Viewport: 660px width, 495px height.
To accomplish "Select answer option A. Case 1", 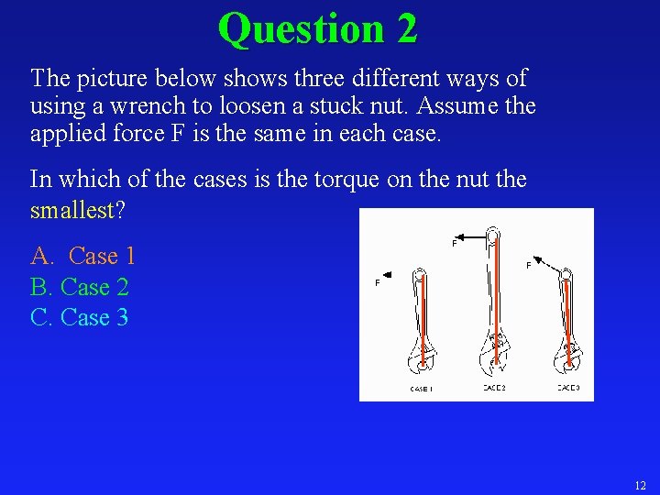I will (x=83, y=256).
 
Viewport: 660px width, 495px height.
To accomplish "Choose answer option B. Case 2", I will (x=80, y=287).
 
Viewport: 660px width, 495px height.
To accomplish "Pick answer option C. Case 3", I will (x=80, y=318).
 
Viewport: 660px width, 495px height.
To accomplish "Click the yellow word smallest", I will (x=71, y=210).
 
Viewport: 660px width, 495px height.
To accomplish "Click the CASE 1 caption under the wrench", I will (x=421, y=389).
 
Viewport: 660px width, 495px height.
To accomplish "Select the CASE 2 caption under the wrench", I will (x=494, y=388).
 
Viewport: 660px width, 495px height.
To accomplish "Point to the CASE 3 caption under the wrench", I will (x=568, y=388).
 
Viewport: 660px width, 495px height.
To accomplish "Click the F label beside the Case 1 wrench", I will (x=378, y=283).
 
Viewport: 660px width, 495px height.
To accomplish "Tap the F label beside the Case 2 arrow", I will (x=455, y=243).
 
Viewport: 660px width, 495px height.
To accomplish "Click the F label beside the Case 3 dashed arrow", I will (x=528, y=265).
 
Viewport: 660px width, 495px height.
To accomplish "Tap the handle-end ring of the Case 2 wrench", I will (x=493, y=234).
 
